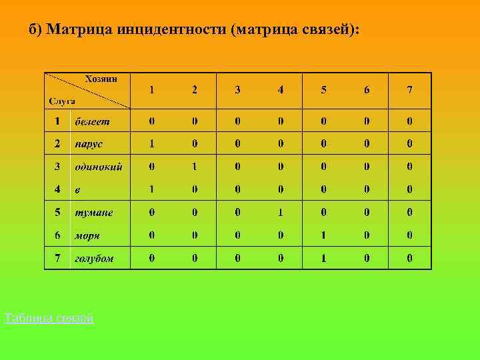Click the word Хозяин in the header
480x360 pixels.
point(101,79)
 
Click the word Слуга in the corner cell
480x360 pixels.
point(62,101)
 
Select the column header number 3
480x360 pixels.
point(238,90)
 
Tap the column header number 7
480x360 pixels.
point(409,90)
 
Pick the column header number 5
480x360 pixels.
point(324,90)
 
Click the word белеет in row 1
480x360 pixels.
point(92,121)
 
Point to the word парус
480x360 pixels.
point(89,143)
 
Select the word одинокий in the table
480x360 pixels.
point(98,167)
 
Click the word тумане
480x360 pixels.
point(93,213)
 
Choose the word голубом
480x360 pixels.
point(94,258)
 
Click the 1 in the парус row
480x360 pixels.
point(152,143)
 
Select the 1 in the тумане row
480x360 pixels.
point(281,213)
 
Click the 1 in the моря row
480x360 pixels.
point(324,235)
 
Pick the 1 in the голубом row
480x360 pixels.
point(324,258)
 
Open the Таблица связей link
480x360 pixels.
point(49,319)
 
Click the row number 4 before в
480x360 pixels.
point(57,189)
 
